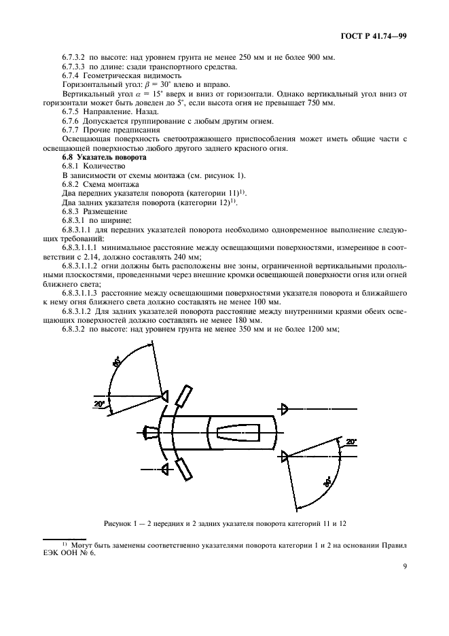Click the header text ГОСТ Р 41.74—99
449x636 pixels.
(x=378, y=35)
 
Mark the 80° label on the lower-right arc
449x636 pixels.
(x=327, y=484)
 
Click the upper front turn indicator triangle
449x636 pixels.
(x=164, y=396)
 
